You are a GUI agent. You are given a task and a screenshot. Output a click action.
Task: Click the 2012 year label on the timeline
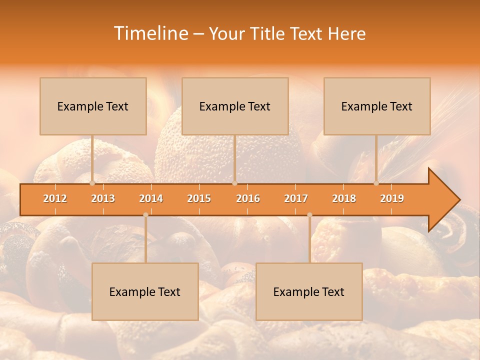tap(55, 198)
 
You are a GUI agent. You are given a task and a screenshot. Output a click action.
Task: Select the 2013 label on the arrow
tap(103, 198)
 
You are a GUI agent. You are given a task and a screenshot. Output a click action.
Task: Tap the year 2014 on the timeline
tap(151, 198)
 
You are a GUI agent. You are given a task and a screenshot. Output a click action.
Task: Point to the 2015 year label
tap(199, 198)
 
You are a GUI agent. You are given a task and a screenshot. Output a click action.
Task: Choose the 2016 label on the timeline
tap(248, 198)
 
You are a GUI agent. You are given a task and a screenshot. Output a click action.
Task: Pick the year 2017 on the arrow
tap(296, 198)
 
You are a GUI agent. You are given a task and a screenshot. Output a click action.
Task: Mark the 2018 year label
tap(344, 198)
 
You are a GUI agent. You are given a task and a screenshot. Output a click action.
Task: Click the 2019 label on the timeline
tap(392, 198)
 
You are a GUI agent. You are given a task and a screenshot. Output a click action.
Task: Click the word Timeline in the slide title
tap(150, 33)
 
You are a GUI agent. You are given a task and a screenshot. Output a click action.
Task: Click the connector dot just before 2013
tap(92, 183)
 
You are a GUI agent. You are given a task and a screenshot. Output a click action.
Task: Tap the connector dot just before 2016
tap(234, 183)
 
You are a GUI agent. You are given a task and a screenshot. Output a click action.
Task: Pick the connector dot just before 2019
tap(376, 183)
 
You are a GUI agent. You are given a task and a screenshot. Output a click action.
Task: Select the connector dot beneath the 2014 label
tap(145, 215)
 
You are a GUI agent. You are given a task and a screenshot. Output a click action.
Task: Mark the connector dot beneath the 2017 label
tap(309, 215)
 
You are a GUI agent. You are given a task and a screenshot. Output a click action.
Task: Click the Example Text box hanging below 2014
tap(145, 291)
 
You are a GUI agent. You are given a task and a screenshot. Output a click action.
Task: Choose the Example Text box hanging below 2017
tap(309, 291)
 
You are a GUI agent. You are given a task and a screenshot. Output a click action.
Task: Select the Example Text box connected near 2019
tap(377, 106)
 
